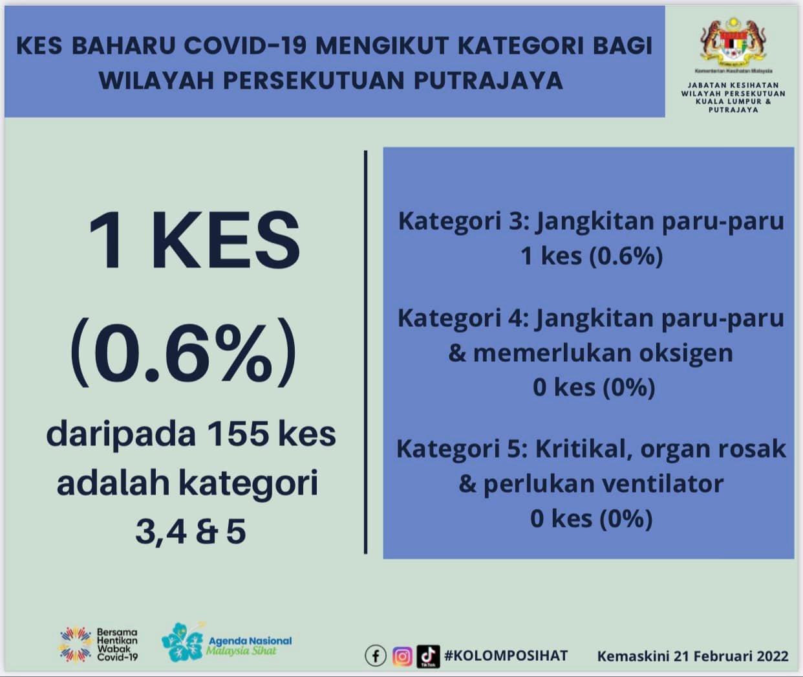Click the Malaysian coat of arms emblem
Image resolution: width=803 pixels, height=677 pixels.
coord(733,41)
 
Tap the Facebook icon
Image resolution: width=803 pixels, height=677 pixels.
coord(376,656)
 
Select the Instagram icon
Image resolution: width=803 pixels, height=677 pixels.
coord(402,656)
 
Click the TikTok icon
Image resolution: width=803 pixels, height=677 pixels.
coord(428,656)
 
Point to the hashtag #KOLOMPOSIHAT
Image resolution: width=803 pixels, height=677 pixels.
coord(506,656)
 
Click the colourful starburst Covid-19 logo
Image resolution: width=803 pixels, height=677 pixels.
coord(76,644)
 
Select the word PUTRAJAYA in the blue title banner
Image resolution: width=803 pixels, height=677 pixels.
coord(489,80)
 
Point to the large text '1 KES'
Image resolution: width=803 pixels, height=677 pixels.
coord(194,240)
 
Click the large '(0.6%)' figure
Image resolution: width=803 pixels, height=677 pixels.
coord(184,352)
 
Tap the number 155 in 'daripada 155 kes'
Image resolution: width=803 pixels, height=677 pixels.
coord(238,434)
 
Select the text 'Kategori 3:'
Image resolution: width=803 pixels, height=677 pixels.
coord(464,221)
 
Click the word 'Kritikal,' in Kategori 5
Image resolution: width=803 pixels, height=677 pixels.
coord(584,449)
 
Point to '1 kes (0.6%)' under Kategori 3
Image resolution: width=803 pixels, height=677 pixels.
coord(592,256)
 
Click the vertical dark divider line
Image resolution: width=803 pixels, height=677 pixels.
coord(365,352)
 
